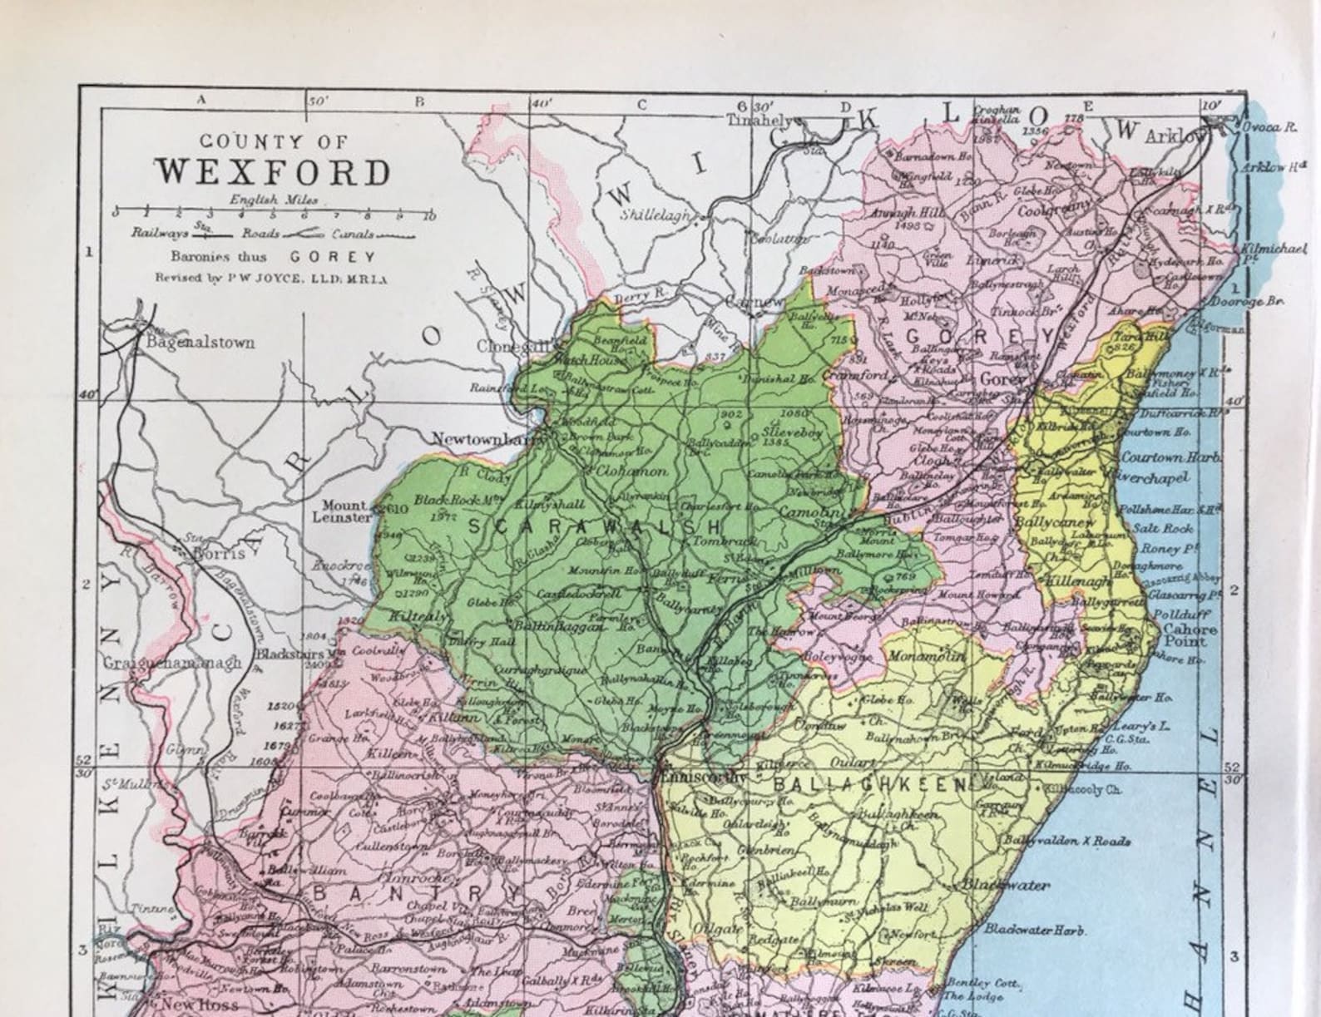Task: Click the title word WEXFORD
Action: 273,172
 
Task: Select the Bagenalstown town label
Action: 200,342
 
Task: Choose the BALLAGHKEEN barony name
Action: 870,784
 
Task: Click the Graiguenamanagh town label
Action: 172,663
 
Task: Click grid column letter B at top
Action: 420,101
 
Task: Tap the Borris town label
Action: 219,552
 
